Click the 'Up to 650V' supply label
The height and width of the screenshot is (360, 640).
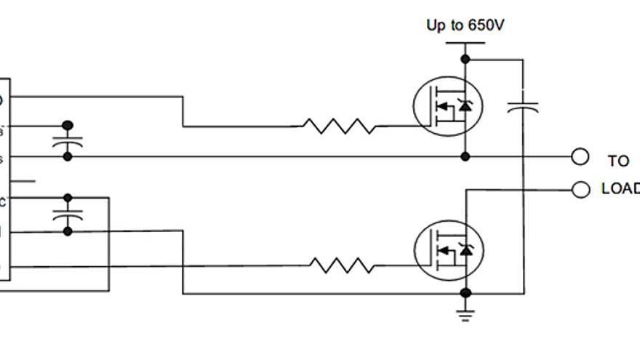pyautogui.click(x=465, y=25)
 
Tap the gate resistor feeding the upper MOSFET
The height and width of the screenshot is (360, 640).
pyautogui.click(x=339, y=127)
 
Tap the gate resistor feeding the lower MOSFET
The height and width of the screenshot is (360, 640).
pyautogui.click(x=343, y=265)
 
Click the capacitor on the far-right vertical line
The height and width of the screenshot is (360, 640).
pyautogui.click(x=523, y=108)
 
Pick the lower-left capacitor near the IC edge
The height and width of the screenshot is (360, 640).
pyautogui.click(x=68, y=215)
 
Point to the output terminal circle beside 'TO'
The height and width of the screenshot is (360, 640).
pyautogui.click(x=580, y=156)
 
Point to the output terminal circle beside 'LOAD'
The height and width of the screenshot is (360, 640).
pyautogui.click(x=580, y=189)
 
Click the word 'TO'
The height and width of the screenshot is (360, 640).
pyautogui.click(x=618, y=161)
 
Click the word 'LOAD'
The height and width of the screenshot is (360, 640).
pyautogui.click(x=620, y=188)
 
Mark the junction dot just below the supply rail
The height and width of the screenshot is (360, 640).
pyautogui.click(x=465, y=60)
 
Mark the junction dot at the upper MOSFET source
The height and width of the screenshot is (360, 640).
pyautogui.click(x=465, y=156)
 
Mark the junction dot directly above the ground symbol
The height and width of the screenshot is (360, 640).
pyautogui.click(x=465, y=293)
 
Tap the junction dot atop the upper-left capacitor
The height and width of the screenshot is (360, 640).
pyautogui.click(x=68, y=125)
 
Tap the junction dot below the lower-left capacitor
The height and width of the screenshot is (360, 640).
pyautogui.click(x=68, y=231)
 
